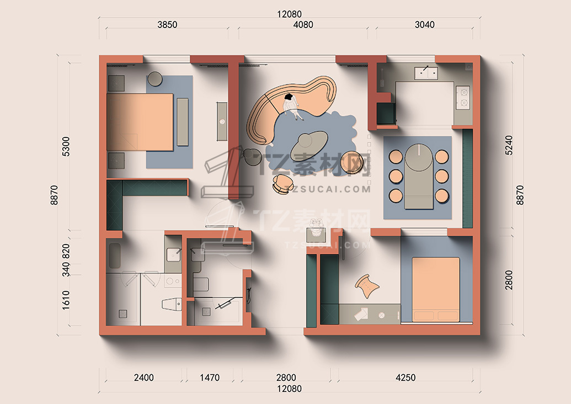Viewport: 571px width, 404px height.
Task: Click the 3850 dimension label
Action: pyautogui.click(x=167, y=24)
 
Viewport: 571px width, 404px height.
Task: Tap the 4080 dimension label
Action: pyautogui.click(x=303, y=24)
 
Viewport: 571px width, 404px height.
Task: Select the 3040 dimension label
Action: pyautogui.click(x=425, y=24)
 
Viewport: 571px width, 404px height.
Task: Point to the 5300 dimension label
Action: pyautogui.click(x=66, y=146)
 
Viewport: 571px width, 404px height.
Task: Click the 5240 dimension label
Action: pyautogui.click(x=509, y=145)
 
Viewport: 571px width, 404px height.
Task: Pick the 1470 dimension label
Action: pyautogui.click(x=210, y=378)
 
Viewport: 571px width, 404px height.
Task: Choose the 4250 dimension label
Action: pyautogui.click(x=405, y=378)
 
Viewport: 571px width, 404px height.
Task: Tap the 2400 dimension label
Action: pyautogui.click(x=144, y=378)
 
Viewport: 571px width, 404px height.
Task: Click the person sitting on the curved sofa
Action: pyautogui.click(x=292, y=105)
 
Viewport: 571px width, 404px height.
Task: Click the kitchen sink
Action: pyautogui.click(x=426, y=72)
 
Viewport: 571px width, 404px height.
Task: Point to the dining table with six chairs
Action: pyautogui.click(x=419, y=176)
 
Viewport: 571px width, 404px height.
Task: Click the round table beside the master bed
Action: pyautogui.click(x=155, y=78)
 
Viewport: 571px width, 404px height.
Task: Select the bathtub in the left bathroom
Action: pyautogui.click(x=114, y=256)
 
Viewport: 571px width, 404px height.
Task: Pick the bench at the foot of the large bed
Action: pyautogui.click(x=183, y=121)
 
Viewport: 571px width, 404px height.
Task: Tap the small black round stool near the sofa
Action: pyautogui.click(x=251, y=157)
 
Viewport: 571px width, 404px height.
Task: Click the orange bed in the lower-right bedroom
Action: pyautogui.click(x=435, y=290)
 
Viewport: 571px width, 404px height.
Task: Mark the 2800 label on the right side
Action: pyautogui.click(x=509, y=280)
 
